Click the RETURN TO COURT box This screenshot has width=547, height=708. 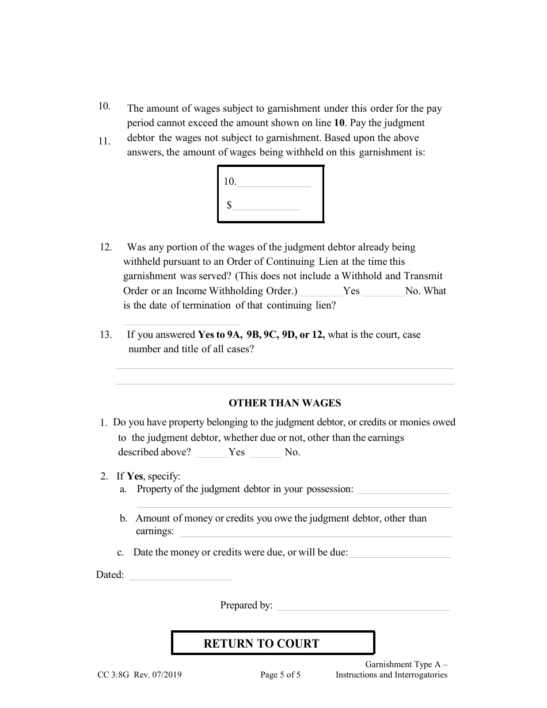point(273,643)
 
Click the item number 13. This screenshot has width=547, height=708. point(105,334)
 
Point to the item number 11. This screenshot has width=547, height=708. point(104,141)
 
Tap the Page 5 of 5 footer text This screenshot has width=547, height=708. point(280,675)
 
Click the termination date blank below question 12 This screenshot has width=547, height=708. point(181,322)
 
